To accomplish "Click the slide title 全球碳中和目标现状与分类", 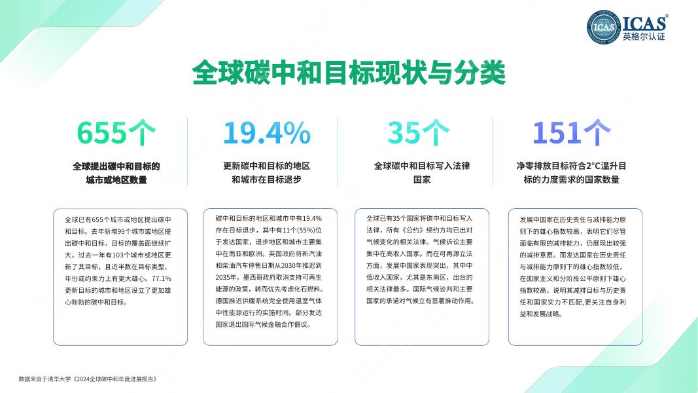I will [349, 73].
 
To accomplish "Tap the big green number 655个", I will [116, 133].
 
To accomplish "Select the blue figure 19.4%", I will [266, 133].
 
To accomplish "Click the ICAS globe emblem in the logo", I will [603, 27].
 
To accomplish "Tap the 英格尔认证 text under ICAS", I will [644, 37].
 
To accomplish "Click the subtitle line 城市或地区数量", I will [116, 180].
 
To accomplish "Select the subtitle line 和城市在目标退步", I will [266, 180].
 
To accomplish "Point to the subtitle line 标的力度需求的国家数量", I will [571, 180].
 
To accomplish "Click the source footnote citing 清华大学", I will [88, 379].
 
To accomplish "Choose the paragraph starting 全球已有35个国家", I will [419, 259].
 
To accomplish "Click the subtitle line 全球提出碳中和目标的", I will [116, 166].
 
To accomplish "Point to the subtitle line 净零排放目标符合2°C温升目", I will [571, 166].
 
